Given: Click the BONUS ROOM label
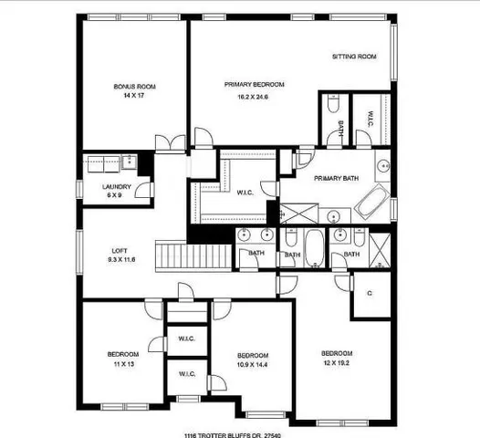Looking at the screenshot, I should [135, 87].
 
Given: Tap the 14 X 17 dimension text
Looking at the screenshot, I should [135, 96].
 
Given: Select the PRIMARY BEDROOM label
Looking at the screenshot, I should [255, 84].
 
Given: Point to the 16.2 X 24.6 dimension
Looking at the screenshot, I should [255, 94].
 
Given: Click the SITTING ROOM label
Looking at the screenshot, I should [354, 57].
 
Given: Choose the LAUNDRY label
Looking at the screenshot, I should [117, 187].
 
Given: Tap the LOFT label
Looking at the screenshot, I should [120, 251].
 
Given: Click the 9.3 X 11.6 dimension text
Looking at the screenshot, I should [120, 260].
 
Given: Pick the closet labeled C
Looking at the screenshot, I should [369, 293].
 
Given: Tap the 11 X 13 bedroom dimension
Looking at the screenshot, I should [123, 363].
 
